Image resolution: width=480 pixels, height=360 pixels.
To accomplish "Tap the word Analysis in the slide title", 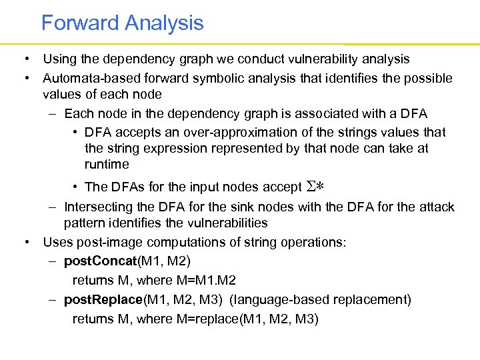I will click(x=163, y=23).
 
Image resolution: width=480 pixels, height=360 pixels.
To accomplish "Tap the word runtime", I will click(x=107, y=164).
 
